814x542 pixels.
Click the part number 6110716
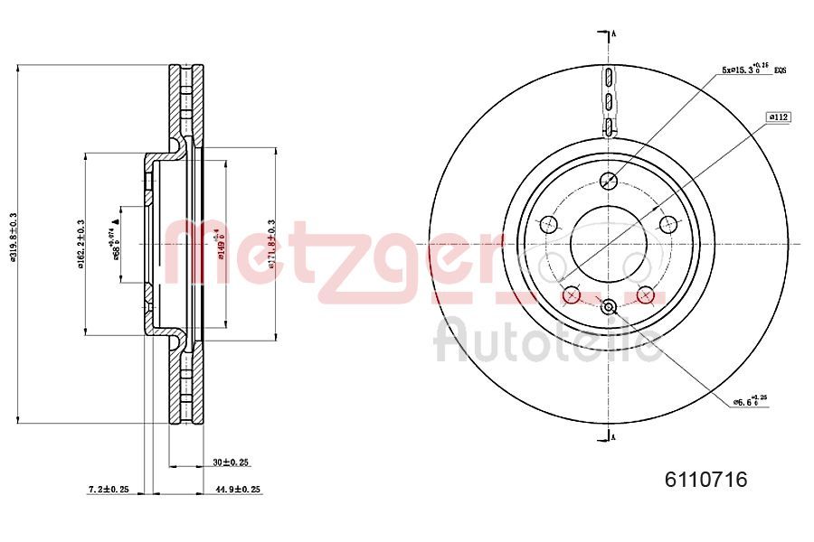(705, 481)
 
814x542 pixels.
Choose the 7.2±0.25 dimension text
(108, 489)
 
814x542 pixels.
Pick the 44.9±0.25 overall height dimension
(237, 489)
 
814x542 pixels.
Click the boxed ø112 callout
(778, 117)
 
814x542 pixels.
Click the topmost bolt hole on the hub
(609, 179)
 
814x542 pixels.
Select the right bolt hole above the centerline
(669, 224)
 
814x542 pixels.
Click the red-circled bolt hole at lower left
(571, 294)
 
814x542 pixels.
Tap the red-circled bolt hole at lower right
(646, 294)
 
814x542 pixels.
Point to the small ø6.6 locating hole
(609, 307)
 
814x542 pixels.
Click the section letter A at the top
(614, 34)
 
